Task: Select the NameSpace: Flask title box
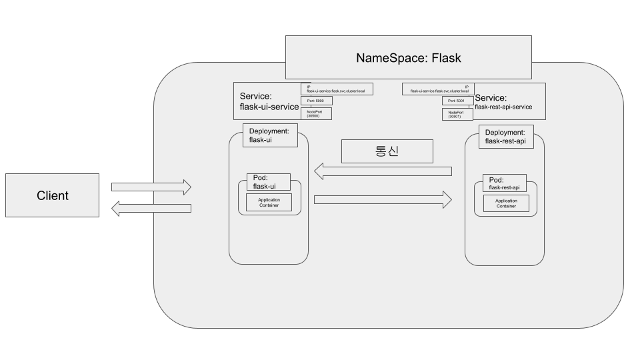(x=408, y=58)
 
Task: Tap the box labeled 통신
(x=387, y=151)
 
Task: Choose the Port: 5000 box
(x=316, y=101)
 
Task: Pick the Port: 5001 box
(x=457, y=101)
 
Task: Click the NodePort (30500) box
(x=316, y=113)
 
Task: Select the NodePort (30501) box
(x=457, y=115)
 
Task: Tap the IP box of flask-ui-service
(x=336, y=88)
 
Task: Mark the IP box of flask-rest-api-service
(x=438, y=88)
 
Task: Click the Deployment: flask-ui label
(x=267, y=136)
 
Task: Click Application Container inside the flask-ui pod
(x=269, y=203)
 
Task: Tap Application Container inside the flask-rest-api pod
(x=506, y=203)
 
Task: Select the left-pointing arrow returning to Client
(x=151, y=209)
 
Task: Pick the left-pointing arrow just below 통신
(x=383, y=172)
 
